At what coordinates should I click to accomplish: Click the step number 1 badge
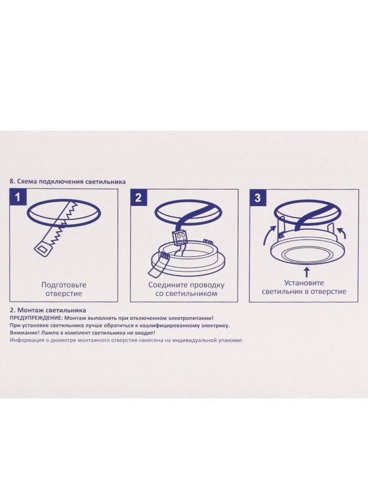click(18, 197)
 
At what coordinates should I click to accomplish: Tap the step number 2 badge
click(139, 197)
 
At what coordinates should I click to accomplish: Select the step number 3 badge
click(257, 197)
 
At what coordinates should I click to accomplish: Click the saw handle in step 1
click(43, 250)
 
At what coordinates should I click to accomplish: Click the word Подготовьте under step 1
click(64, 285)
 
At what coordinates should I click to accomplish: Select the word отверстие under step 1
click(64, 294)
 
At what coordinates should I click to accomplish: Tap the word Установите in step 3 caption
click(304, 283)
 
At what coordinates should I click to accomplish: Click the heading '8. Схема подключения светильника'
click(68, 182)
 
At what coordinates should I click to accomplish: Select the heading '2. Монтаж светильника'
click(48, 310)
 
